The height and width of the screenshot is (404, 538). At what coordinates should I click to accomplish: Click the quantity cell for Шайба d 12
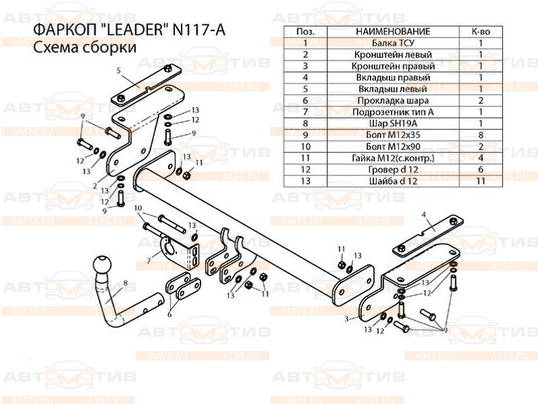[x=481, y=180]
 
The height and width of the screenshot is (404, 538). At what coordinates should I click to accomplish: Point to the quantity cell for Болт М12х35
[x=481, y=135]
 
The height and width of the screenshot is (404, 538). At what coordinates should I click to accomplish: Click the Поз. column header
[x=305, y=32]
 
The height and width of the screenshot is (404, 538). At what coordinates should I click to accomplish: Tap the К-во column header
[x=481, y=32]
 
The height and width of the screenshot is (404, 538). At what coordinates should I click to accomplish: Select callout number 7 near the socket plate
[x=149, y=260]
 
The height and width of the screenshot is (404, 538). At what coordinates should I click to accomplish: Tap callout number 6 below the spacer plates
[x=169, y=314]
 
